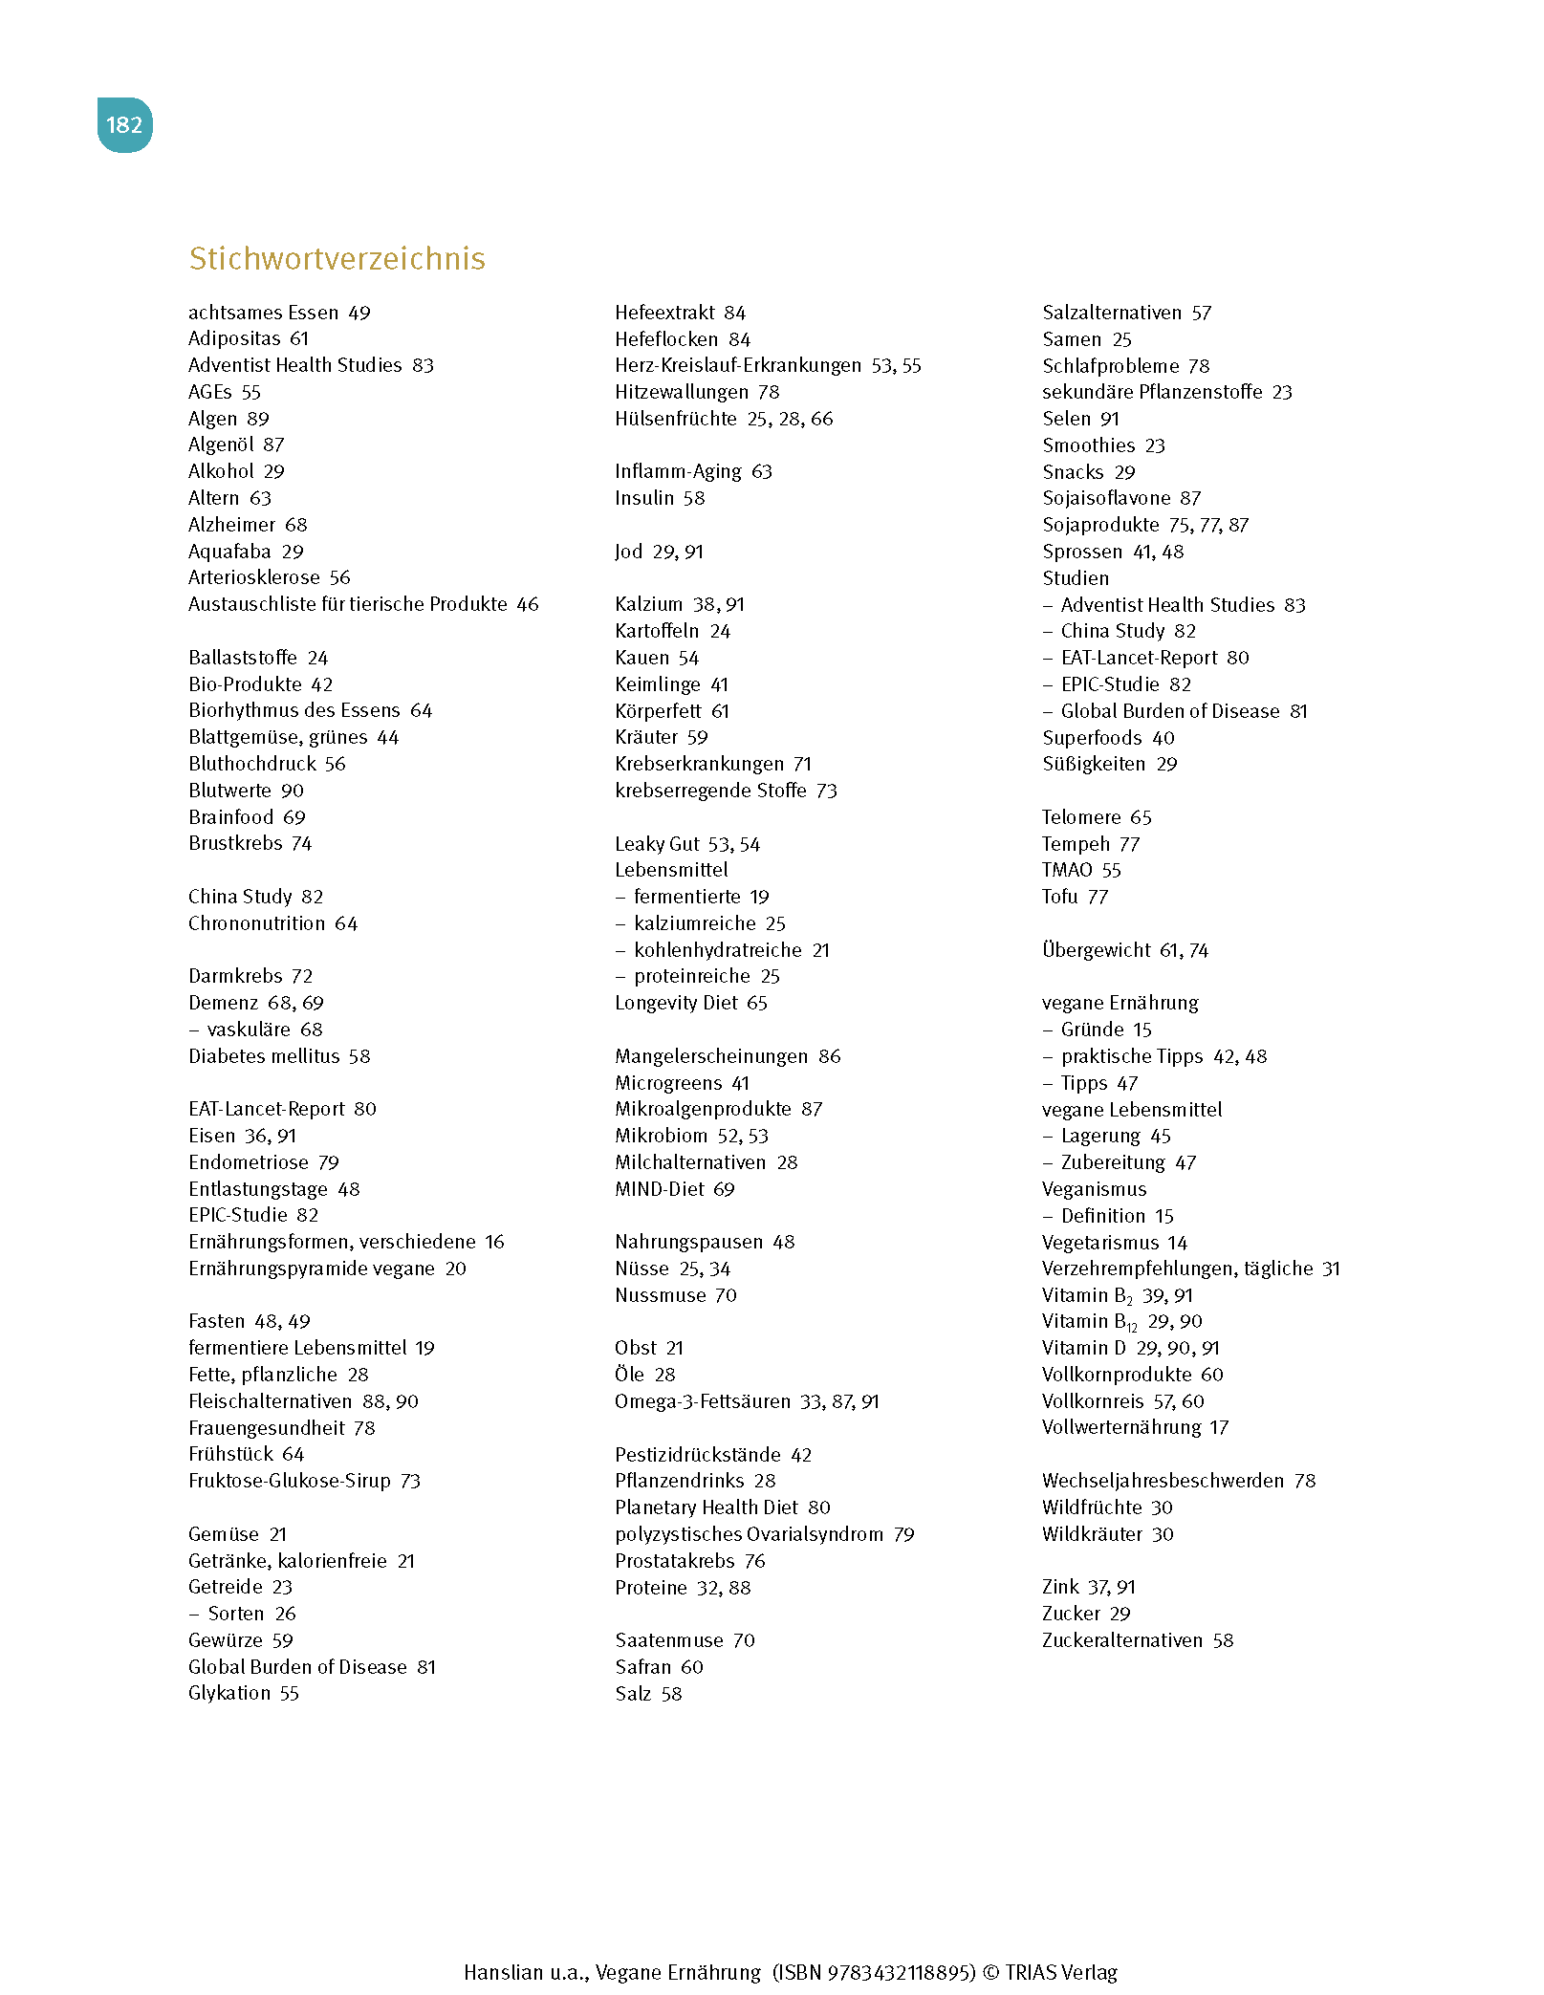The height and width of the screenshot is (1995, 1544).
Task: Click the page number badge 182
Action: click(124, 125)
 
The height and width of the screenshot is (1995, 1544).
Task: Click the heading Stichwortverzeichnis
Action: click(337, 259)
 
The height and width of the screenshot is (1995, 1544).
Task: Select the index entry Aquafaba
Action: click(229, 552)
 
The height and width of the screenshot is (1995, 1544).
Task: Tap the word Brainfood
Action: click(231, 817)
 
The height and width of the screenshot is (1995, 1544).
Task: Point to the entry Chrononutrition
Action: click(256, 923)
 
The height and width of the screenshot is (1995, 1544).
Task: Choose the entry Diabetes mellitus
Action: click(264, 1056)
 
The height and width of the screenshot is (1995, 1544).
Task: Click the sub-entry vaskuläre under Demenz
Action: click(249, 1030)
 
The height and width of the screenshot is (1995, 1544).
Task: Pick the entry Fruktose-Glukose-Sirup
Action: click(289, 1481)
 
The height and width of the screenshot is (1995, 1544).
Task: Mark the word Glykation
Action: click(229, 1693)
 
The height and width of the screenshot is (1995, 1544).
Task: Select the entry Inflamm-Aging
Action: click(678, 471)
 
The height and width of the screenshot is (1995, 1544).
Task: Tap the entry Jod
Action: click(629, 552)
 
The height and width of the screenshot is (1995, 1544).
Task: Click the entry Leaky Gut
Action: click(657, 844)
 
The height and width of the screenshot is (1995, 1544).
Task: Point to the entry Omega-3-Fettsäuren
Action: click(702, 1401)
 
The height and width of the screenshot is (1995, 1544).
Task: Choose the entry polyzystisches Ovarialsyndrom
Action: click(749, 1534)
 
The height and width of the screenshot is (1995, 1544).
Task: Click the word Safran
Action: click(642, 1667)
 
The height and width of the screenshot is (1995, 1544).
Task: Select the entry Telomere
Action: click(1081, 817)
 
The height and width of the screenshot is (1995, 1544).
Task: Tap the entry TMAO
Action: click(1067, 870)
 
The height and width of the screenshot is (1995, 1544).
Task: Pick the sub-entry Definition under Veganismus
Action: click(1102, 1216)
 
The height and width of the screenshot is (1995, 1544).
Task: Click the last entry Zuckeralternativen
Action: click(1121, 1640)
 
